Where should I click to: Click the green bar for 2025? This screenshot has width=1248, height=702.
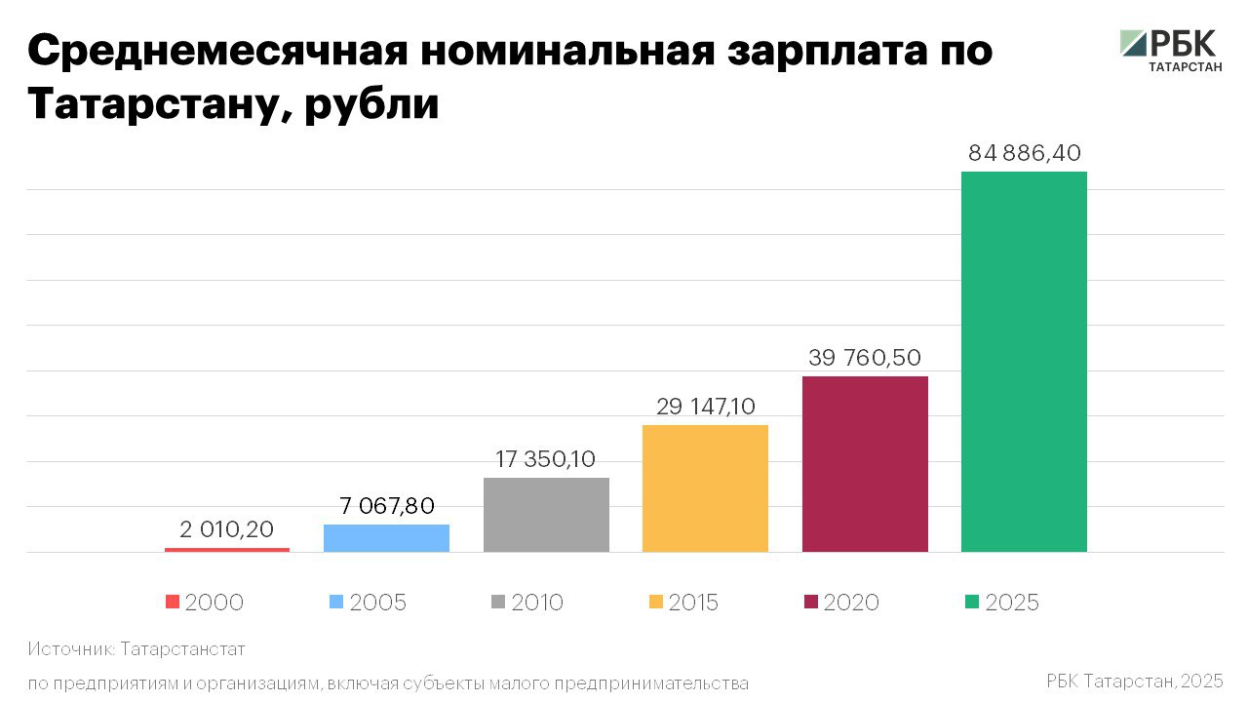pyautogui.click(x=1024, y=361)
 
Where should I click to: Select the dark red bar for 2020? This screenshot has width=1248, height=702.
pyautogui.click(x=865, y=463)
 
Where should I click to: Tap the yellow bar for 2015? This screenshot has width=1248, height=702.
pyautogui.click(x=705, y=487)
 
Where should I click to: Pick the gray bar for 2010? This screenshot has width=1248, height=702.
pyautogui.click(x=546, y=514)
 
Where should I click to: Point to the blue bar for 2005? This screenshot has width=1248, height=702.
pyautogui.click(x=386, y=537)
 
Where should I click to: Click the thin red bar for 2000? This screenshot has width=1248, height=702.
pyautogui.click(x=227, y=550)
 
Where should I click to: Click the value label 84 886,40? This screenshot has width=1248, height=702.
pyautogui.click(x=1025, y=153)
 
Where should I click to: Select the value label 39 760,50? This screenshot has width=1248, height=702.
pyautogui.click(x=865, y=358)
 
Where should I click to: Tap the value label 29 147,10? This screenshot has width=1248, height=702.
pyautogui.click(x=706, y=407)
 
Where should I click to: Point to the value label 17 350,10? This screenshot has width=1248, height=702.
pyautogui.click(x=546, y=459)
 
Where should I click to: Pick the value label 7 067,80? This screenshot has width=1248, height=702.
pyautogui.click(x=387, y=506)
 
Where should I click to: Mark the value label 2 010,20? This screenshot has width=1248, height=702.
pyautogui.click(x=227, y=529)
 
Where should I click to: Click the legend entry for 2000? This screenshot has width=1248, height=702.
pyautogui.click(x=205, y=603)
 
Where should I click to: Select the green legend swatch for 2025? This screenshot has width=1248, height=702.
pyautogui.click(x=972, y=603)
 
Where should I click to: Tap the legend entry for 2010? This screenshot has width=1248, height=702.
pyautogui.click(x=526, y=603)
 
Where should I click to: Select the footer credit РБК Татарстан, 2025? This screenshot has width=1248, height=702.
pyautogui.click(x=1134, y=681)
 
